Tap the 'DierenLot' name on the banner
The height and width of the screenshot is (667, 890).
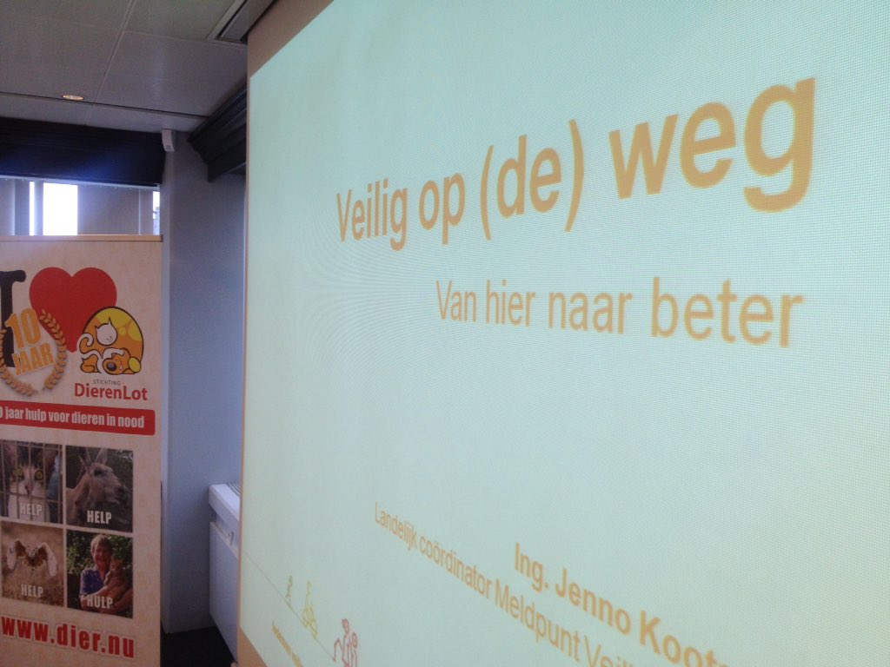tap(110, 393)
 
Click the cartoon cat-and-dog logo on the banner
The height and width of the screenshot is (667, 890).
tap(110, 342)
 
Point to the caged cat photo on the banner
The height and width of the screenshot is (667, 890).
tap(31, 482)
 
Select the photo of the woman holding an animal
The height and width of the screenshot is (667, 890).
tap(99, 574)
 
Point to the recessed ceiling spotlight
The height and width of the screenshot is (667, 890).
tap(73, 97)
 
